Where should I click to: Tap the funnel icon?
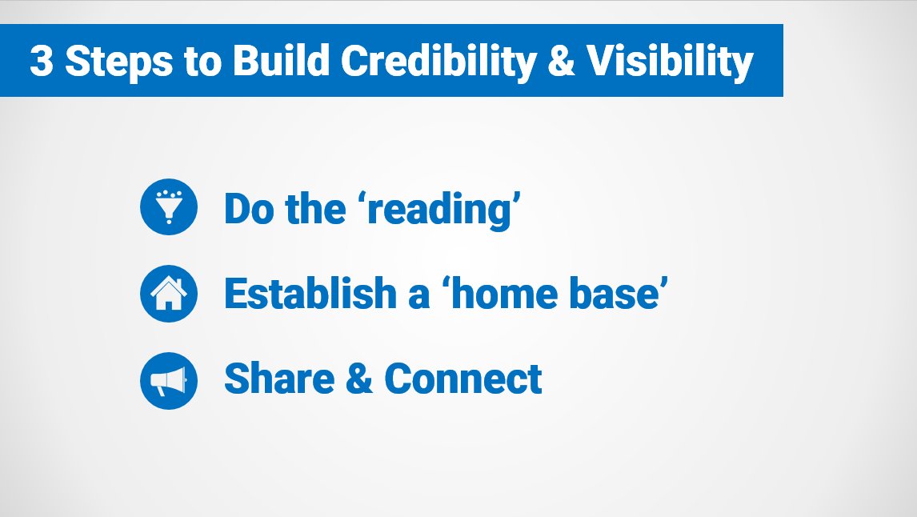tap(168, 207)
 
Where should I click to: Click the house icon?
tap(168, 294)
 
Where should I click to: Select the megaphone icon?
tap(168, 380)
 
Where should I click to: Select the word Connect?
tap(463, 379)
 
